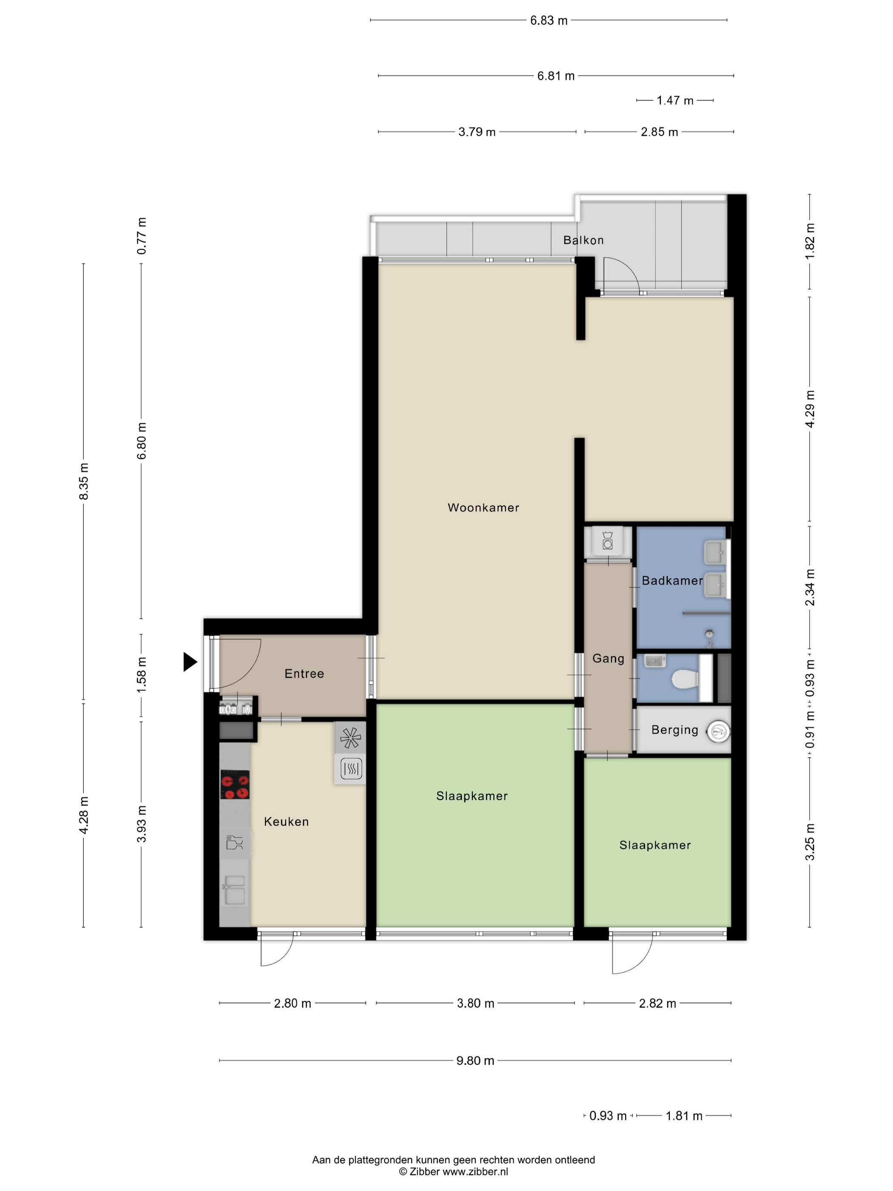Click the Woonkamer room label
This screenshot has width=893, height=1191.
(x=483, y=507)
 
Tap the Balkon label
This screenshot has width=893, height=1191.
(x=583, y=240)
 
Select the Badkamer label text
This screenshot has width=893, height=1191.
(x=672, y=581)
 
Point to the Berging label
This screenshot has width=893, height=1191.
(x=674, y=729)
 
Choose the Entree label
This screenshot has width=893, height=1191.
(x=304, y=674)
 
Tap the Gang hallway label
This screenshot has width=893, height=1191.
(x=608, y=658)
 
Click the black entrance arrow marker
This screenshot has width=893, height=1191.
(x=190, y=662)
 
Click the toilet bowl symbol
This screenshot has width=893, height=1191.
(x=685, y=679)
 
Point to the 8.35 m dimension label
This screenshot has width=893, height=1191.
(x=83, y=481)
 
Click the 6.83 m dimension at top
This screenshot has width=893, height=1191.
(x=549, y=20)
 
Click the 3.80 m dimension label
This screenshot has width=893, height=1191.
(x=475, y=1003)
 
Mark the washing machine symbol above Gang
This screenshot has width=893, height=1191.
(x=608, y=541)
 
